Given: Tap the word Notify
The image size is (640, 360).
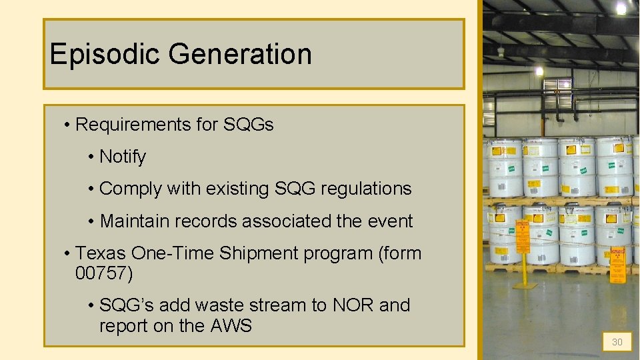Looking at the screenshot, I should coord(122,157).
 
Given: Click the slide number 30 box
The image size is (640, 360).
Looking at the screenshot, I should coord(617,342).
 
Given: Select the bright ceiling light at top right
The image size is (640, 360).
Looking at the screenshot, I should coord(621,8).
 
